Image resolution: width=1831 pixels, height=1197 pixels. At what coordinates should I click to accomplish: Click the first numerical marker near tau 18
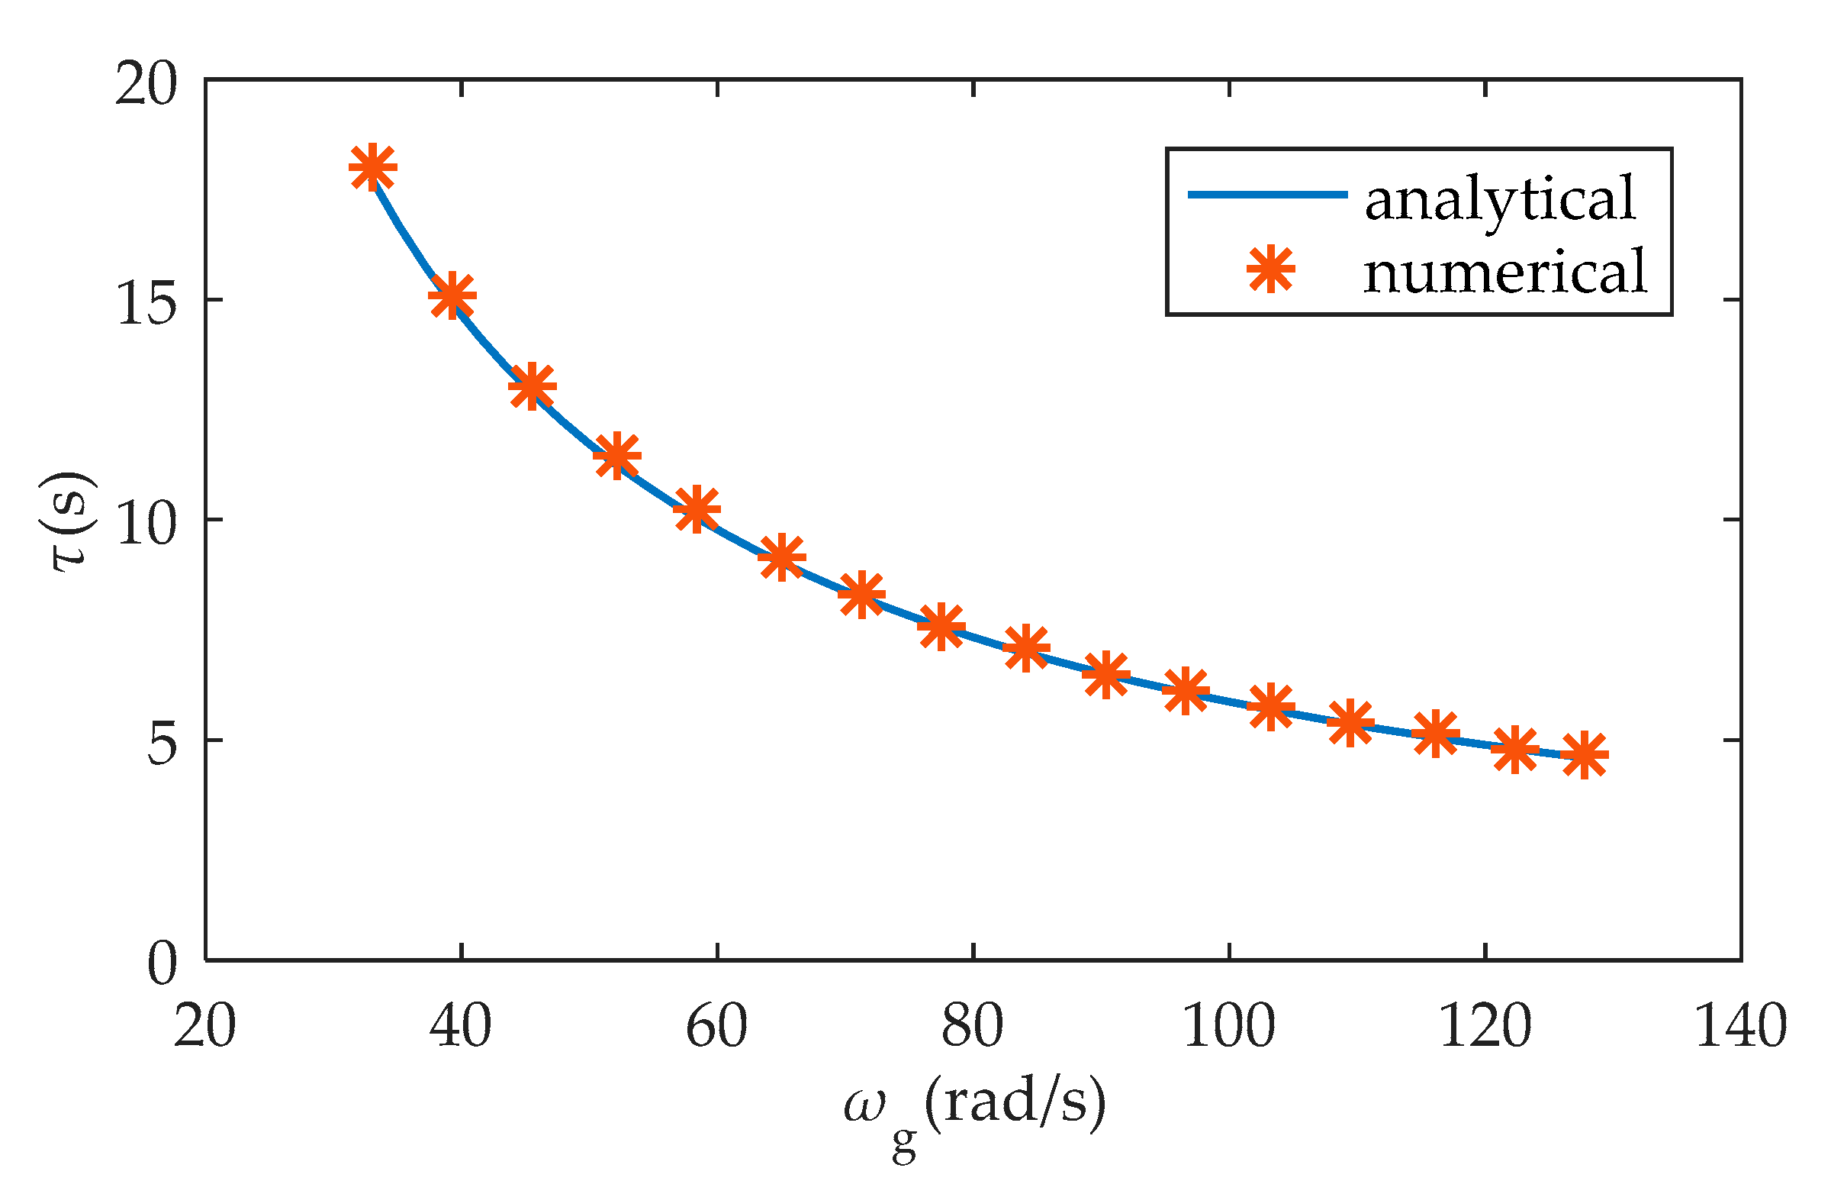tap(372, 167)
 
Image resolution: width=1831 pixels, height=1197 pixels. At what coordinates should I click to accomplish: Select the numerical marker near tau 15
tap(452, 295)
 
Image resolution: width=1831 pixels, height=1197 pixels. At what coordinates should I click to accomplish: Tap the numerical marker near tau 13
tap(532, 386)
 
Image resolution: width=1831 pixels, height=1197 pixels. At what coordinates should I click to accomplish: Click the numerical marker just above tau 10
tap(697, 509)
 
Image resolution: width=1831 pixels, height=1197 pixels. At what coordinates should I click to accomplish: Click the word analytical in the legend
tap(1499, 198)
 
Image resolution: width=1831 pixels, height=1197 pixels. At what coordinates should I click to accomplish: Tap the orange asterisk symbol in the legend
tap(1271, 269)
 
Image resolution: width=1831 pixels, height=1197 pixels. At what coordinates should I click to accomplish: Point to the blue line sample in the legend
tap(1267, 195)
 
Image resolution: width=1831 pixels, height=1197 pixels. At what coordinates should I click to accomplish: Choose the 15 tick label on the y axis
tap(146, 302)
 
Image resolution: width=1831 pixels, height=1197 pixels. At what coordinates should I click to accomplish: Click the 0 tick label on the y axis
tap(162, 963)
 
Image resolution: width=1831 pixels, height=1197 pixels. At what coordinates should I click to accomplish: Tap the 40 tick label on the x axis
tap(460, 1027)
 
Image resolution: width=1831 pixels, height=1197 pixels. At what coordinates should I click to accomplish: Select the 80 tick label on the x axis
tap(973, 1027)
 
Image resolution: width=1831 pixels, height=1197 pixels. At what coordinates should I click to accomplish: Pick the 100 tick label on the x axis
tap(1228, 1027)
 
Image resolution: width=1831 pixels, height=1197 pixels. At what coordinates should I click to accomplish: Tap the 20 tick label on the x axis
tap(204, 1027)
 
